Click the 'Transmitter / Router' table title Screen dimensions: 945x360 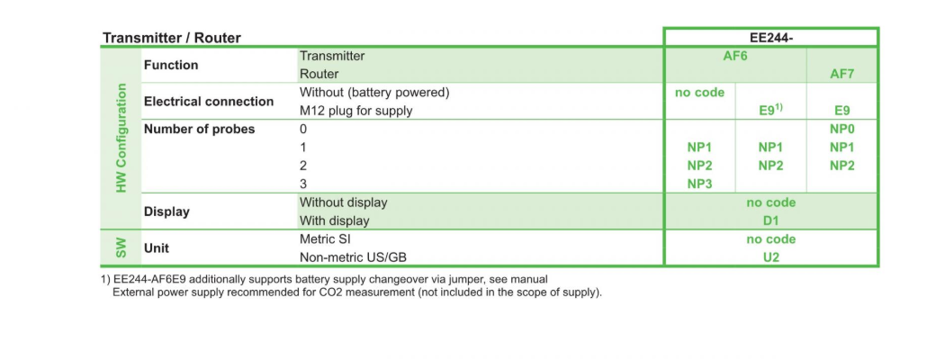point(172,38)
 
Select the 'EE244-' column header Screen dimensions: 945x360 point(771,38)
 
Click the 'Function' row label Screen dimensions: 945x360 point(171,65)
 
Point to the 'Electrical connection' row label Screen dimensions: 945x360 point(209,102)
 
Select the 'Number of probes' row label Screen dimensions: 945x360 point(200,129)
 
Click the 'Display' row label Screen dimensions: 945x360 point(166,211)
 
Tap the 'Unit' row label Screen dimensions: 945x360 point(157,247)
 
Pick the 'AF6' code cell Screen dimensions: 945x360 point(735,56)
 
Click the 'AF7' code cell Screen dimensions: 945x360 point(842,74)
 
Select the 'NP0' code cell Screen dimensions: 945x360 point(842,129)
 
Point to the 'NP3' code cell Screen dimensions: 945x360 point(699,184)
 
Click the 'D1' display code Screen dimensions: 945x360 point(771,220)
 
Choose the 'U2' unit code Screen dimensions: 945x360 point(771,257)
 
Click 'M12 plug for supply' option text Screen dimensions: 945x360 point(356,111)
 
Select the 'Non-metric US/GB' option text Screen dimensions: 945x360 point(354,257)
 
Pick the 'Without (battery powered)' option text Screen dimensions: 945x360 point(374,93)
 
